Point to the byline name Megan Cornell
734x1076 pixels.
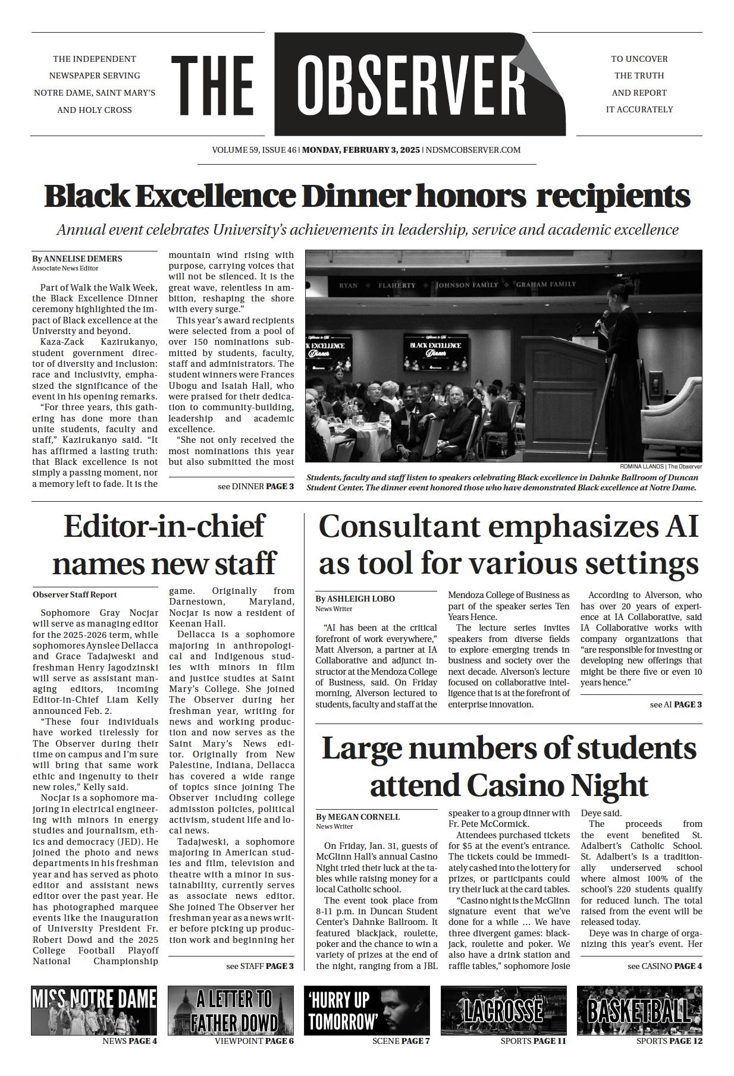[364, 816]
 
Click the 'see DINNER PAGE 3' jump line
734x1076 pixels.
[256, 486]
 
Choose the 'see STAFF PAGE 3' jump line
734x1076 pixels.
[260, 966]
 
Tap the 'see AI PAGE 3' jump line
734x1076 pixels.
[676, 704]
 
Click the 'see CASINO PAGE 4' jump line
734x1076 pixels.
[664, 966]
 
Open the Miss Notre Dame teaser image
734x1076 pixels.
[95, 1011]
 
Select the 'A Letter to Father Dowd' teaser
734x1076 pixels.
[231, 1011]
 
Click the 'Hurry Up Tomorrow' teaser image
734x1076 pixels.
[366, 1011]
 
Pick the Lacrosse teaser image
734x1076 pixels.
[503, 1011]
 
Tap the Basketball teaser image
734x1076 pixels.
[639, 1011]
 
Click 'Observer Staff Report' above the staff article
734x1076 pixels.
[75, 594]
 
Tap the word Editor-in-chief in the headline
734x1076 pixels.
[164, 527]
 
